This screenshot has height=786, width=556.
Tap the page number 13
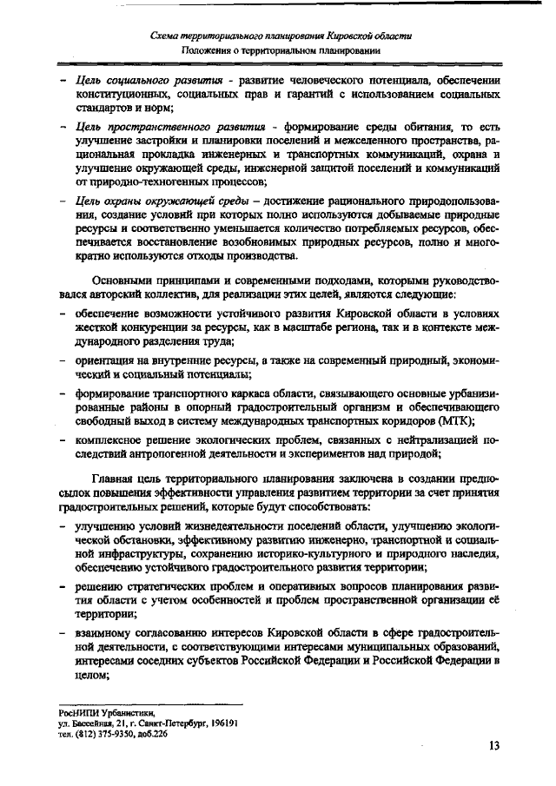[494, 743]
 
